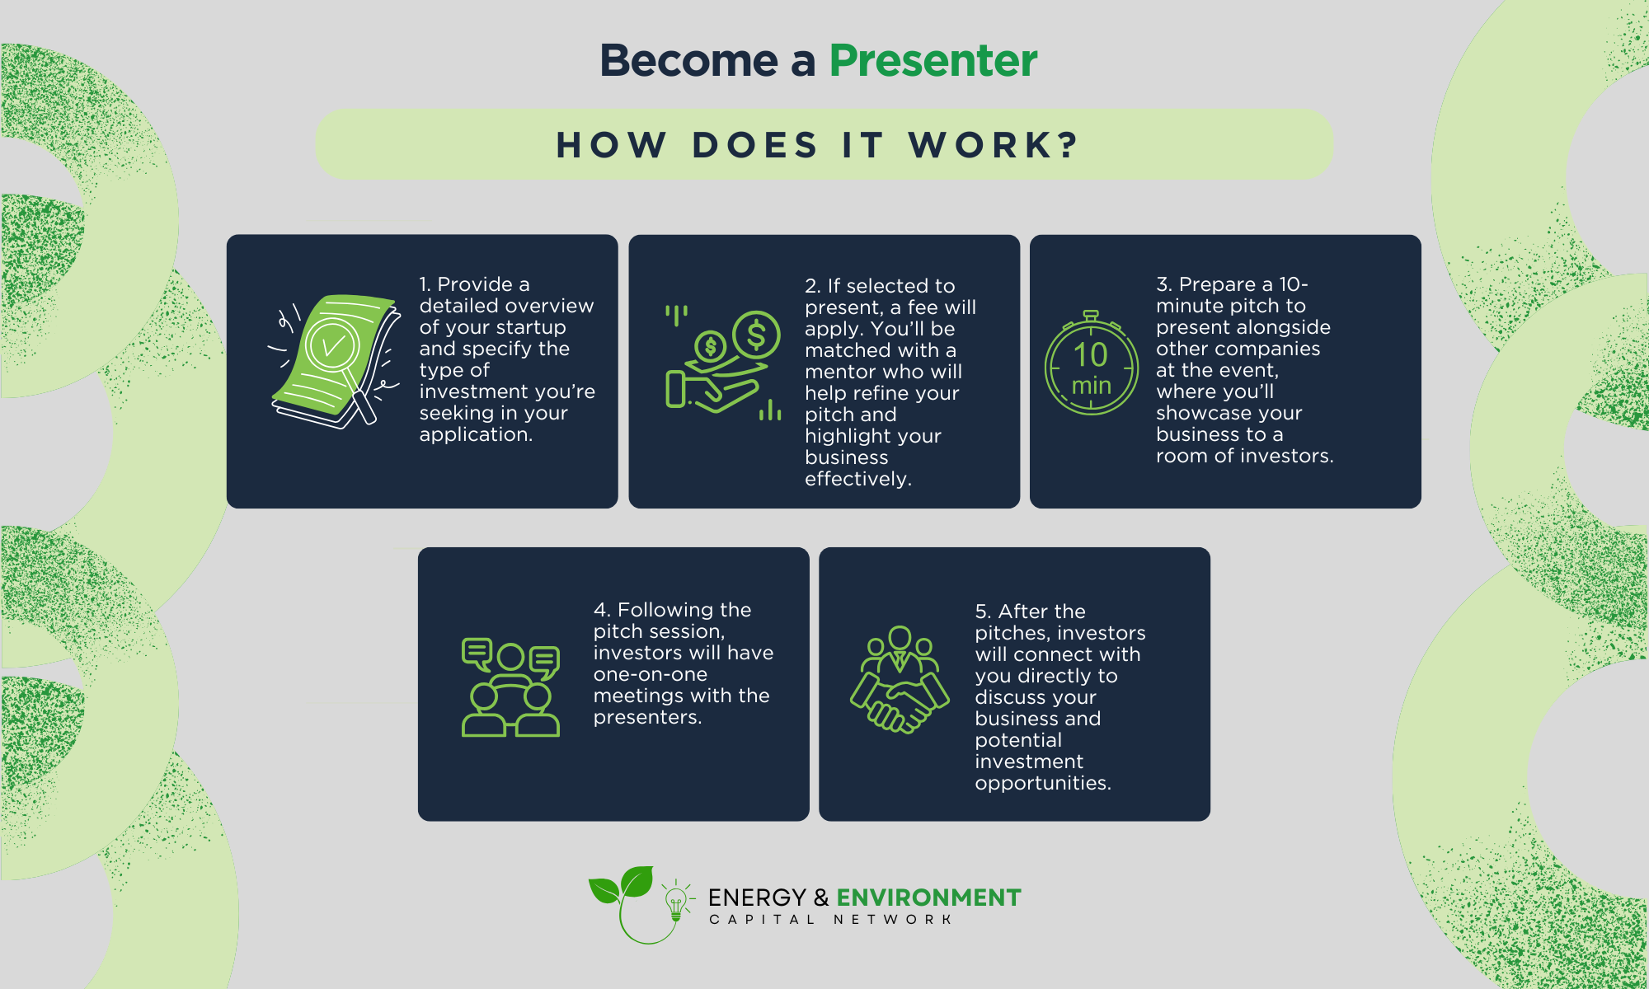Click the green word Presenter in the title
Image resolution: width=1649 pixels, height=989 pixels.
[x=933, y=61]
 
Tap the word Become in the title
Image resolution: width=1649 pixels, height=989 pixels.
[x=689, y=61]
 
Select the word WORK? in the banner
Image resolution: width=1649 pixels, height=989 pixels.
[x=994, y=145]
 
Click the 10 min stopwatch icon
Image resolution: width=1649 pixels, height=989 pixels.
[x=1091, y=363]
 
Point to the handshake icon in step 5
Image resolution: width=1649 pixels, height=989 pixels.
[x=900, y=680]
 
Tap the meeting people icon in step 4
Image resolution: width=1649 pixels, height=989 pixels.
[x=510, y=687]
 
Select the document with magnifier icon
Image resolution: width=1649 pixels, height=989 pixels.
[x=333, y=361]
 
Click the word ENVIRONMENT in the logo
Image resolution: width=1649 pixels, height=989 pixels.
[x=928, y=898]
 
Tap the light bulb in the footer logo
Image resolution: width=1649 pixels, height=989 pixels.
[x=676, y=902]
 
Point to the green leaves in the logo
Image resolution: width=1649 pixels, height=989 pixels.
[x=621, y=885]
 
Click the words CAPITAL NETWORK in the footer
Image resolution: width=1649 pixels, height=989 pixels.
[x=831, y=920]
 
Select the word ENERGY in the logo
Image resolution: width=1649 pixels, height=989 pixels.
[x=757, y=898]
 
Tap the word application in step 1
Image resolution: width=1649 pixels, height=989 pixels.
[x=474, y=435]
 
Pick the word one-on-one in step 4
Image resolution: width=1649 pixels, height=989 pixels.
[x=650, y=674]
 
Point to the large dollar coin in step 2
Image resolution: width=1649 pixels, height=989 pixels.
[x=755, y=335]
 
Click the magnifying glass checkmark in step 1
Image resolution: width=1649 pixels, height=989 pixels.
[x=331, y=345]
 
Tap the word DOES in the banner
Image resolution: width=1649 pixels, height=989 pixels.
[x=754, y=145]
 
